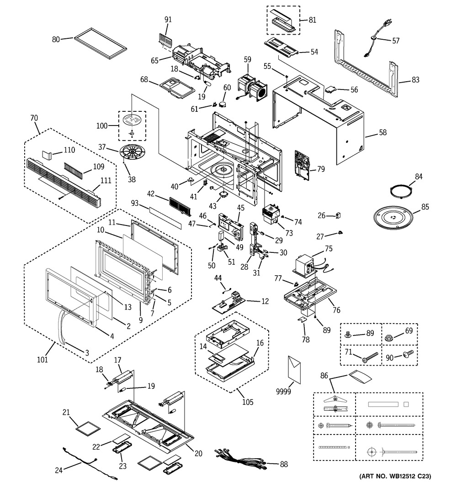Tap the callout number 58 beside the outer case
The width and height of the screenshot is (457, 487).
[383, 133]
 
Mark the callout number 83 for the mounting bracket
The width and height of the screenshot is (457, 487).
[415, 80]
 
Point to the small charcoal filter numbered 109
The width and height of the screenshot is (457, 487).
[75, 170]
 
